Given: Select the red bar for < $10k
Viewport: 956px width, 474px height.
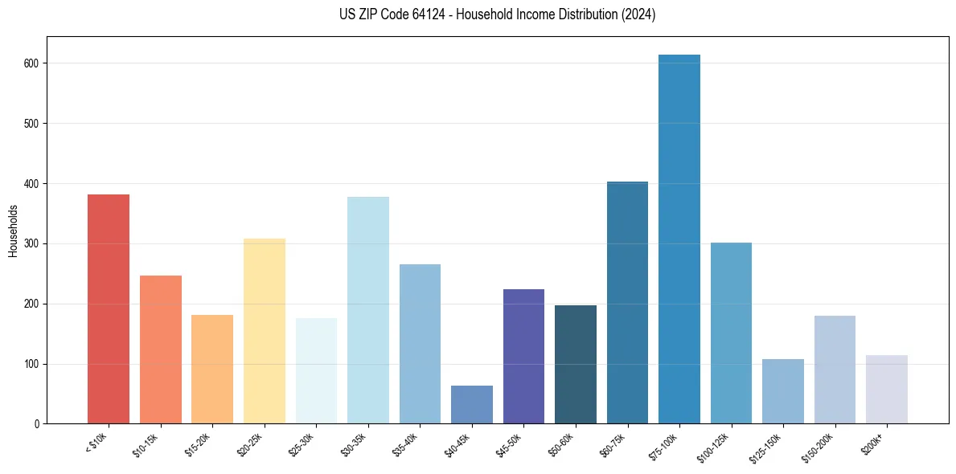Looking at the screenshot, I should click(x=109, y=309).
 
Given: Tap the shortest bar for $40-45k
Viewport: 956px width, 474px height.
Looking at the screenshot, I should click(x=472, y=405).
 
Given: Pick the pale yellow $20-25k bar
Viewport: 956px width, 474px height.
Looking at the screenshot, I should click(x=265, y=331).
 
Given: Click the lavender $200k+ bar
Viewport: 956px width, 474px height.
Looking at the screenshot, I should click(x=887, y=390).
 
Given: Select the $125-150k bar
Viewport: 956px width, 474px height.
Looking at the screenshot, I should click(x=783, y=391).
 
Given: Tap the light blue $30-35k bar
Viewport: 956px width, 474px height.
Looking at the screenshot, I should click(x=368, y=310).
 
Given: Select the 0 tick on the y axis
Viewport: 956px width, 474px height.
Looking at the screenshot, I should click(x=38, y=424).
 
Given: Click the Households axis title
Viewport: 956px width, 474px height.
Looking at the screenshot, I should click(x=14, y=231).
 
